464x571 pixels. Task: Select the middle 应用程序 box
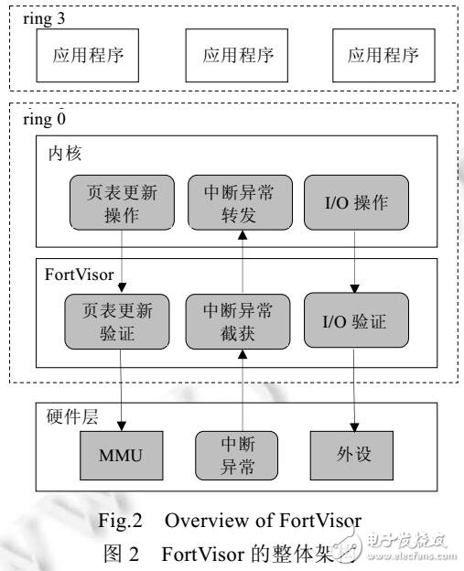[x=232, y=53]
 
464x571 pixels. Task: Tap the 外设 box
[x=354, y=455]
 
